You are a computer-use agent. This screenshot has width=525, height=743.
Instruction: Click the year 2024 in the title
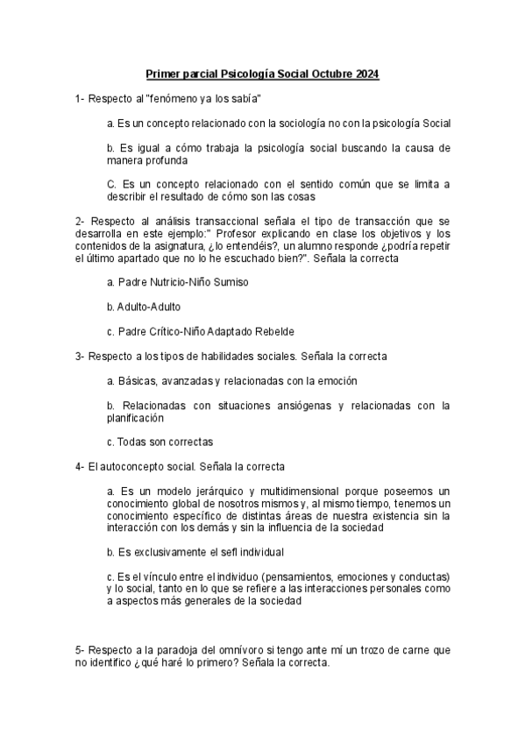point(367,76)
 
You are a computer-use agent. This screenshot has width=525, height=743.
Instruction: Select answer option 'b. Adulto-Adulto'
point(144,308)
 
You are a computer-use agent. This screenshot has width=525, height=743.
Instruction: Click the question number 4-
point(80,467)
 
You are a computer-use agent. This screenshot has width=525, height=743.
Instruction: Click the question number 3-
point(80,357)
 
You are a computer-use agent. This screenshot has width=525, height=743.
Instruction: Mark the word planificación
point(133,418)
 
